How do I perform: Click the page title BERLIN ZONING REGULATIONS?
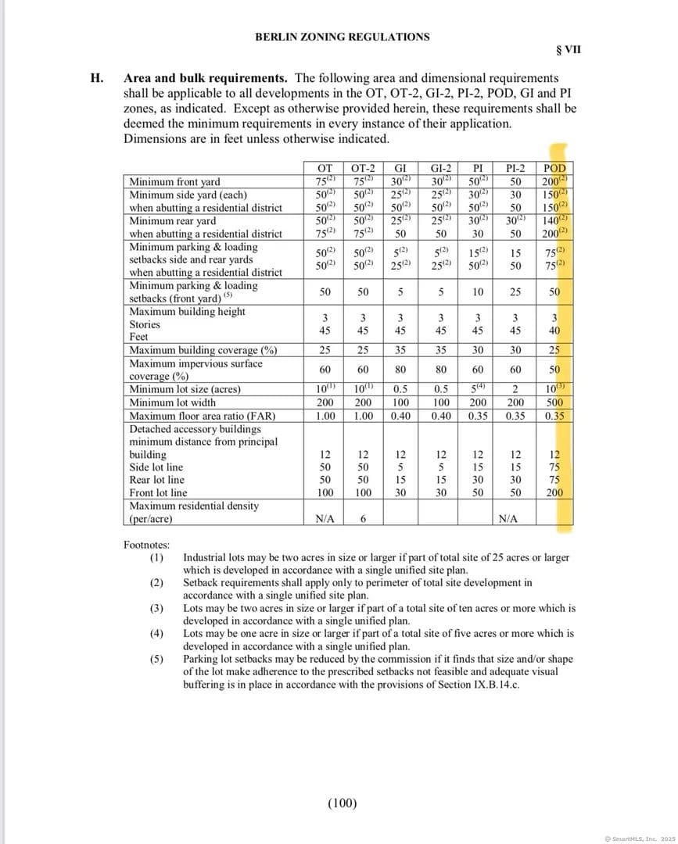coord(342,37)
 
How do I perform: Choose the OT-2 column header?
coord(363,168)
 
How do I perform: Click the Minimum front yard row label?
coord(174,182)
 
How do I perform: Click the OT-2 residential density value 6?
coord(363,518)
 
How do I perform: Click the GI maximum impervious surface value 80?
coord(400,370)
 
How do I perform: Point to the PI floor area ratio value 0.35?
coord(478,416)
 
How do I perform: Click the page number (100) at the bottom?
coord(341,803)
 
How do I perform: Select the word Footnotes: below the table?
coord(146,545)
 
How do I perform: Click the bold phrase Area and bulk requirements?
coord(206,78)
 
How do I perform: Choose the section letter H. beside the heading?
coord(97,78)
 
